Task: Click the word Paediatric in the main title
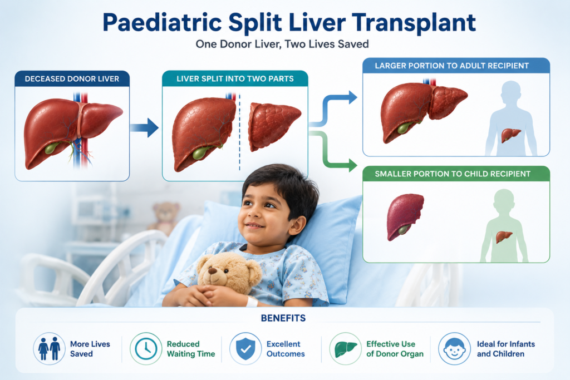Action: pos(162,22)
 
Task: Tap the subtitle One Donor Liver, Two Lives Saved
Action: pos(282,45)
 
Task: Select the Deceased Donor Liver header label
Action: pos(72,79)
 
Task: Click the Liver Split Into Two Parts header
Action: pos(235,79)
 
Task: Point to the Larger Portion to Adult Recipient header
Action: pos(452,66)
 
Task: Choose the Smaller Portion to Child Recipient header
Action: pos(453,174)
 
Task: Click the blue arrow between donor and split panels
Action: pos(144,127)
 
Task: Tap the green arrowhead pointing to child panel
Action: pos(352,165)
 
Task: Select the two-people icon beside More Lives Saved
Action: pos(50,349)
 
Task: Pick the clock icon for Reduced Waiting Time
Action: pos(146,349)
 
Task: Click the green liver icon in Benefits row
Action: pos(345,349)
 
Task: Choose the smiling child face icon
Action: pos(454,349)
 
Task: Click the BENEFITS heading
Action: pos(283,318)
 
